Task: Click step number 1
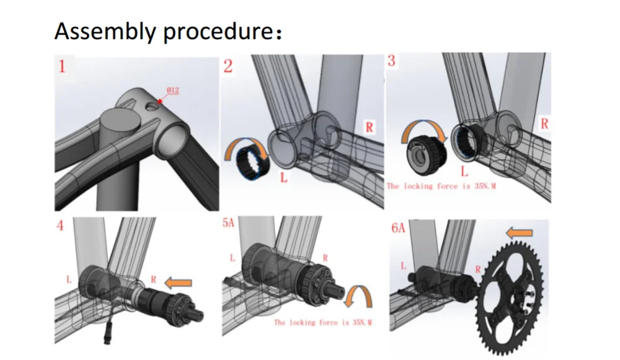click(x=62, y=66)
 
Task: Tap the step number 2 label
click(x=228, y=66)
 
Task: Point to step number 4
click(x=60, y=226)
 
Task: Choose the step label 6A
click(x=398, y=228)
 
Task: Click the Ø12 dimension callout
click(x=172, y=91)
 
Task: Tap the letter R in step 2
click(x=370, y=128)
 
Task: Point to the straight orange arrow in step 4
click(x=179, y=283)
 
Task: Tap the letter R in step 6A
click(x=478, y=270)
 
